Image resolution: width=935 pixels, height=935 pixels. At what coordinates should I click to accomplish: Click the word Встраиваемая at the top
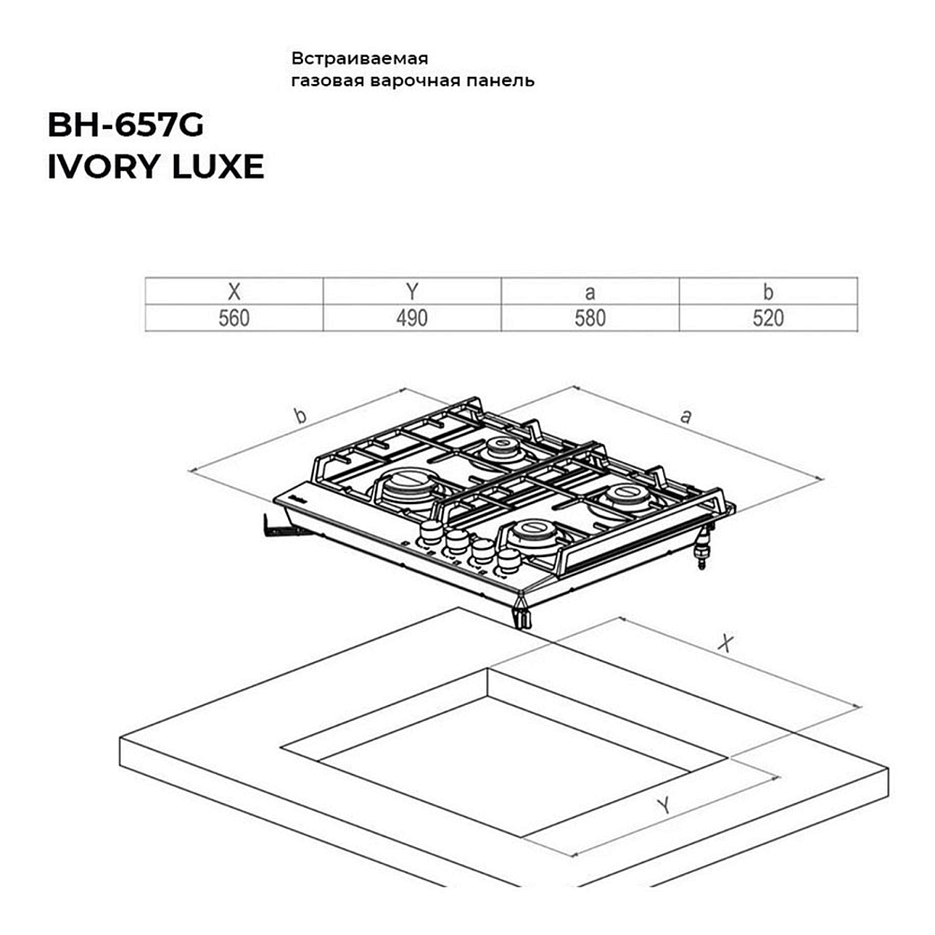359,56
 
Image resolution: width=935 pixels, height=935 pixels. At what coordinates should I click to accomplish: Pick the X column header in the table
234,292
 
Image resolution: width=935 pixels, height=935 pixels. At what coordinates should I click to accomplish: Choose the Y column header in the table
411,292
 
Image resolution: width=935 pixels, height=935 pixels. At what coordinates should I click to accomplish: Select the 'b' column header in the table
769,292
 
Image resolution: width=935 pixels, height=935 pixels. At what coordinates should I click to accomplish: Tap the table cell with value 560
234,318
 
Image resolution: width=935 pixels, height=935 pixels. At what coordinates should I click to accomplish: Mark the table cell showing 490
411,318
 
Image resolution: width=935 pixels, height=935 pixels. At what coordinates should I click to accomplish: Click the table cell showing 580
590,318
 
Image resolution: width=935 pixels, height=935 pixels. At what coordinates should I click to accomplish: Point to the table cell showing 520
769,318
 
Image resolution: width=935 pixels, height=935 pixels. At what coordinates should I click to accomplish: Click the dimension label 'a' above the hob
688,417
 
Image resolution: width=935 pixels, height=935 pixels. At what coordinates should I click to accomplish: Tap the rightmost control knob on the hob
508,560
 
